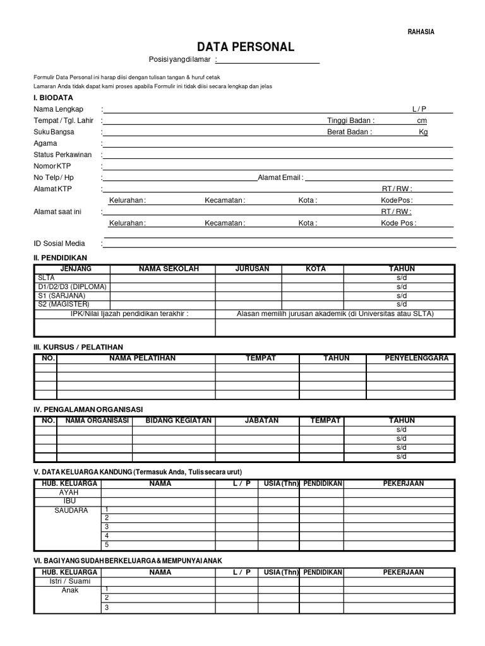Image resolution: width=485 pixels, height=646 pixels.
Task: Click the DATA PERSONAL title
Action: (x=245, y=47)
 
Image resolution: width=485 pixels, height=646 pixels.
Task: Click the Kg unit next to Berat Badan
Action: (x=423, y=132)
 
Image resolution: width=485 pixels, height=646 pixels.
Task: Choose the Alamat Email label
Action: (x=280, y=178)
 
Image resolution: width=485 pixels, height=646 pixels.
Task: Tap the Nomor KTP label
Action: (x=52, y=166)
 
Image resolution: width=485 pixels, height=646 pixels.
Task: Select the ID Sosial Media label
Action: (x=59, y=244)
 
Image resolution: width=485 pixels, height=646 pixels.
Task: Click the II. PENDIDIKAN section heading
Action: (x=60, y=257)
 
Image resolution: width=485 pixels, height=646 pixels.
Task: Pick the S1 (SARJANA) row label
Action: (x=61, y=295)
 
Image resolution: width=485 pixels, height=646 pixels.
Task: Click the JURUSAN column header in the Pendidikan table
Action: (x=252, y=269)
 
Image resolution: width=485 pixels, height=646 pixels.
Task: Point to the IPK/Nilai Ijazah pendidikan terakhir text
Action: (x=129, y=313)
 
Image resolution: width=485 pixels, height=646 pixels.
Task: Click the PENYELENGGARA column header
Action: (x=416, y=358)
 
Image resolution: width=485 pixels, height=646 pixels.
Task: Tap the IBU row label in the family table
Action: (x=69, y=501)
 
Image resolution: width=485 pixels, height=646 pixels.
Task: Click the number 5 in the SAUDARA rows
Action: (x=107, y=544)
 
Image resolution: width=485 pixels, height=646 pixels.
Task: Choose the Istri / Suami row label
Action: (x=69, y=581)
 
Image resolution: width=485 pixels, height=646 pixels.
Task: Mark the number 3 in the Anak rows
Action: (x=107, y=608)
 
